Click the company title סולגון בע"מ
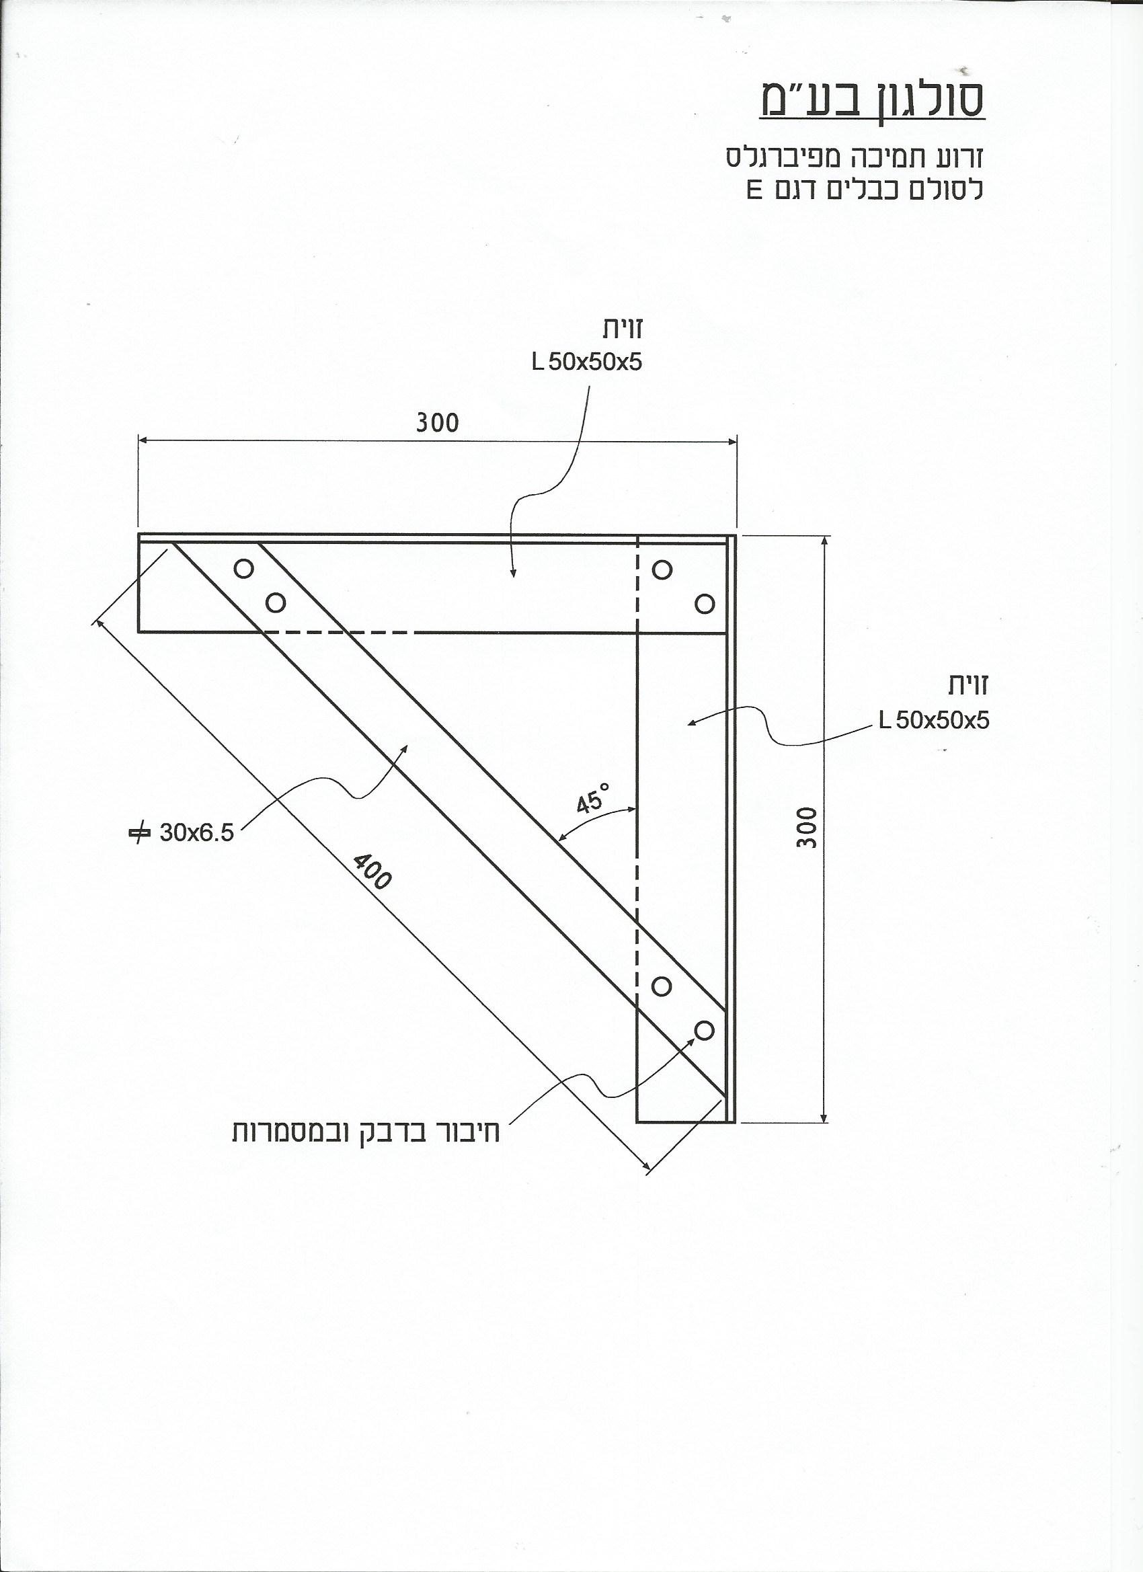(x=871, y=102)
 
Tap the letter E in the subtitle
(x=754, y=190)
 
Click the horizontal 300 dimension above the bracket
(x=438, y=423)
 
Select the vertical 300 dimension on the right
(x=806, y=827)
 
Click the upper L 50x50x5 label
(x=586, y=362)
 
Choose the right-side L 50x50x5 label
(x=934, y=721)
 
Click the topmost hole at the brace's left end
(x=244, y=568)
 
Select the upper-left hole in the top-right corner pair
(x=662, y=569)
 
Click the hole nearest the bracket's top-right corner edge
(x=704, y=604)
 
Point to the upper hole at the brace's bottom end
(x=662, y=986)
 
